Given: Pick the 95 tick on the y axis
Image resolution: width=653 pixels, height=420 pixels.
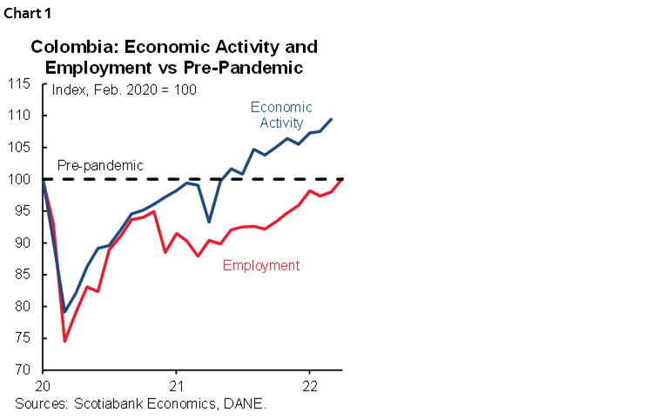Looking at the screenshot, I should (23, 211).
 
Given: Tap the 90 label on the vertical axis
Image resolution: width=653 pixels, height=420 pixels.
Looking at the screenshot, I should (23, 243).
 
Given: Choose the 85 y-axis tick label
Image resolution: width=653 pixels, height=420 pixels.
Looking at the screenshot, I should (23, 275).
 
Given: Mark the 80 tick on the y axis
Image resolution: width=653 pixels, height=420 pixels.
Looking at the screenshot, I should (23, 307).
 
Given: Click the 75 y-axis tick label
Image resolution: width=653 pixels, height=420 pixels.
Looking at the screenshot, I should (23, 339).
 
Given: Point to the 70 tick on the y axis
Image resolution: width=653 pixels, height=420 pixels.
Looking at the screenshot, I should (23, 370).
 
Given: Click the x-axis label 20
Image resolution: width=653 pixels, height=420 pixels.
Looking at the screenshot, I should (43, 386).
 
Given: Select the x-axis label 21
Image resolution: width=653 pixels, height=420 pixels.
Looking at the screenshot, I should (177, 386).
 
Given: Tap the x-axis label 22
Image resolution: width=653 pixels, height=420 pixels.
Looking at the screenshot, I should (310, 386).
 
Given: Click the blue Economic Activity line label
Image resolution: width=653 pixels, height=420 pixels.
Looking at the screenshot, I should (281, 115).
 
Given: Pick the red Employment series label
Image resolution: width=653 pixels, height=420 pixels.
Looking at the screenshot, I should (261, 265).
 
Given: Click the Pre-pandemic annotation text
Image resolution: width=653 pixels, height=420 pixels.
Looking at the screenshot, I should (100, 165).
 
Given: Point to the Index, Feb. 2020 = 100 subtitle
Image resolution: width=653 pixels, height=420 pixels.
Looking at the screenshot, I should (125, 90).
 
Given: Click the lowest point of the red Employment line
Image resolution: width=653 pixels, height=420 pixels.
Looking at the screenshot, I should (65, 341).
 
